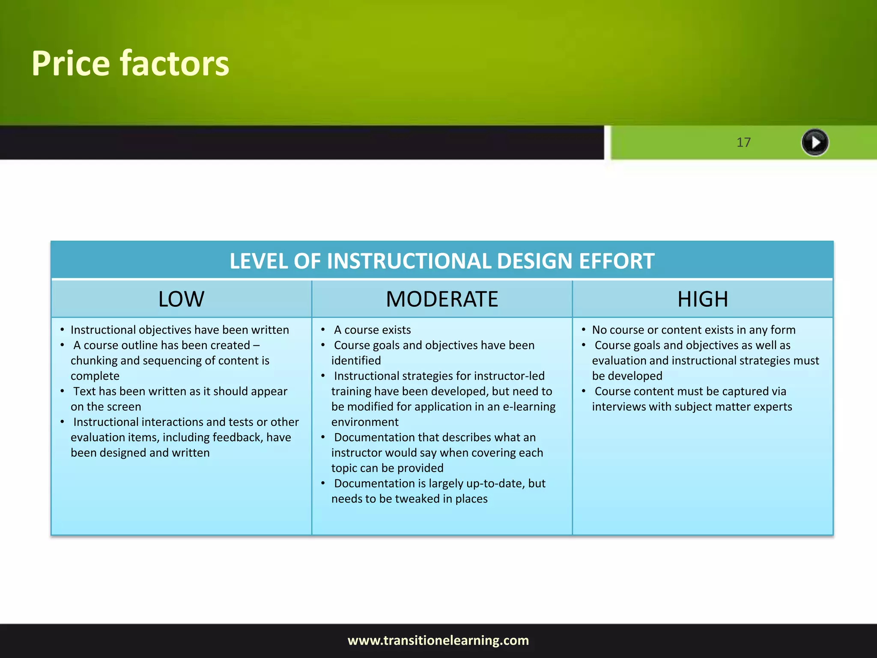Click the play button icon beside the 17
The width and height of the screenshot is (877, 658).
814,142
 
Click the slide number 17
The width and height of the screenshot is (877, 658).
743,142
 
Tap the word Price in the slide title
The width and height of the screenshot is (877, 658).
71,64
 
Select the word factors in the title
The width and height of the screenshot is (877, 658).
174,64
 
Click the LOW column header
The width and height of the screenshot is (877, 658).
181,299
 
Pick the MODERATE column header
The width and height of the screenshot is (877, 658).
442,299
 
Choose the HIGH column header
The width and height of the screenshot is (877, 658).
703,299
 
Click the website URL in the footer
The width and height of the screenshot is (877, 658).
438,640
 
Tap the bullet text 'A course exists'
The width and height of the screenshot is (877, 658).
372,330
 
